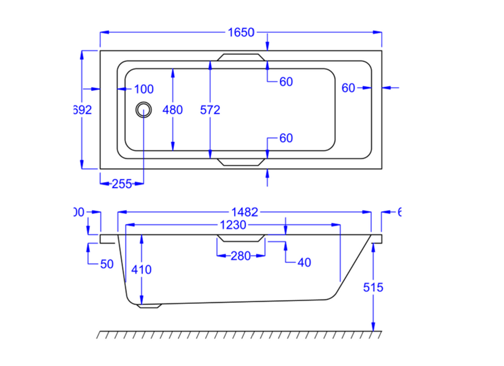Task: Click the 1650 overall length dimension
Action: (x=241, y=32)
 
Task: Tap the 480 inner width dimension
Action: (x=173, y=110)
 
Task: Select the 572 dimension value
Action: (x=210, y=110)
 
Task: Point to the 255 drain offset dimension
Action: (x=121, y=184)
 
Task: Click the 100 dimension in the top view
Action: (x=144, y=89)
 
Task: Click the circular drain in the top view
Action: (x=144, y=110)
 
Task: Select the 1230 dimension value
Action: (x=233, y=225)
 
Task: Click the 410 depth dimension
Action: (x=142, y=270)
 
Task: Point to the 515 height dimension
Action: (x=373, y=287)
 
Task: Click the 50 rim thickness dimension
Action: (x=107, y=264)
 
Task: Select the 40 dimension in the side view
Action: (x=303, y=262)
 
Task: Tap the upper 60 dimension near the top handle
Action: (x=286, y=82)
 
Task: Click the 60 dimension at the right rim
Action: (x=349, y=88)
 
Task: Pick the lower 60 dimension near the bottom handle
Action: (x=286, y=139)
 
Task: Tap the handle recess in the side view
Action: (x=241, y=239)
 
